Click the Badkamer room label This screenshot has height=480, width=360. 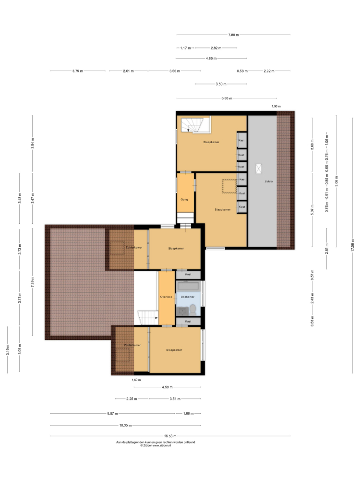coord(187,297)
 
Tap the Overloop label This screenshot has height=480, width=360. coord(166,297)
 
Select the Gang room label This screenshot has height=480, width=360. coord(184,200)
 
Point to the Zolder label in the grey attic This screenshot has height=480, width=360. coord(269,181)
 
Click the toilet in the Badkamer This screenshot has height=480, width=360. coord(193,310)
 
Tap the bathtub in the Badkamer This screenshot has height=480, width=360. coord(188,286)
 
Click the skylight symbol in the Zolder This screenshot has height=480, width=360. coord(259,168)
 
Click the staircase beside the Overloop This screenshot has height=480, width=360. coord(147,317)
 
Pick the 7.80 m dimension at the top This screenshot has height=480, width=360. coord(233,35)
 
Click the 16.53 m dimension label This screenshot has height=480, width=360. coord(170,436)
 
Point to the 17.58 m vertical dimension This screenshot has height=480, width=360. coord(352,245)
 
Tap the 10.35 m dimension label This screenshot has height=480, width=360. coord(125,425)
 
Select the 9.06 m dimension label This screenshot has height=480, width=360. coord(336,181)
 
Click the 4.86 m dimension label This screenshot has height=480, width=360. coord(211,58)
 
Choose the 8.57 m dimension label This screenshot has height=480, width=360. coord(112,414)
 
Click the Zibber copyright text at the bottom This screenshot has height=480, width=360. coord(156,445)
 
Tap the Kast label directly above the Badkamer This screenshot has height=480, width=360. coord(188,274)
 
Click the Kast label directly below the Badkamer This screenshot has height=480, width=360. coord(188,321)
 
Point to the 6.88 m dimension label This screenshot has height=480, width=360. coord(227,98)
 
